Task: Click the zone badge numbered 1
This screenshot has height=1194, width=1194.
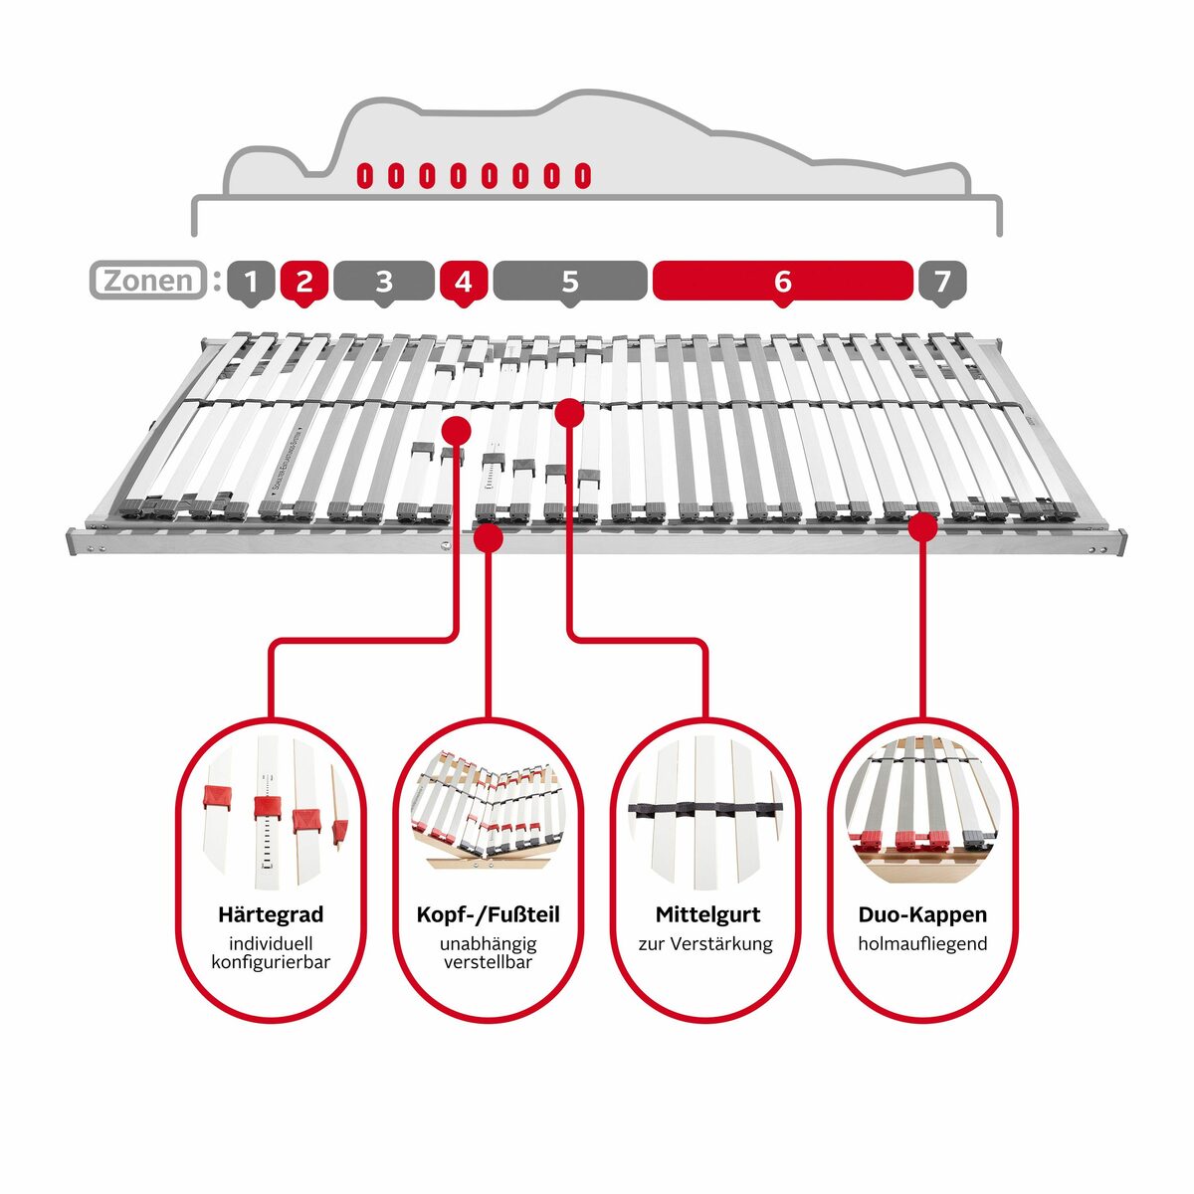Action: [x=251, y=282]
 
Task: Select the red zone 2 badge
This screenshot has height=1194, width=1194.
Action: [x=304, y=282]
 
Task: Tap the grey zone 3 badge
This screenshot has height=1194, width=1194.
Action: [x=384, y=282]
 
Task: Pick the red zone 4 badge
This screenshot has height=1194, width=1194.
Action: [x=463, y=282]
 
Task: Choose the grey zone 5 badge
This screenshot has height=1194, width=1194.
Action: [x=569, y=282]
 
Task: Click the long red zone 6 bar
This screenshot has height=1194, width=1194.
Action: [x=782, y=282]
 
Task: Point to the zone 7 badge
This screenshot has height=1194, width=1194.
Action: [x=941, y=282]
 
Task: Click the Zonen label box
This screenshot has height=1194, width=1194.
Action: [x=148, y=281]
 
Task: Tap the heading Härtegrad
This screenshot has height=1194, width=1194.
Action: [x=271, y=914]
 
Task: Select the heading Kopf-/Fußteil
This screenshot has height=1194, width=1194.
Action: [x=488, y=914]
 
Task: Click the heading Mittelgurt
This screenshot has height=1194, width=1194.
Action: [x=707, y=914]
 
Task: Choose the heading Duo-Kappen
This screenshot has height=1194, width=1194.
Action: [x=922, y=914]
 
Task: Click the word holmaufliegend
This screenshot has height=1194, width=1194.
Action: [x=922, y=943]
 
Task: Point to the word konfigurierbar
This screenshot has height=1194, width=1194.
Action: [x=271, y=962]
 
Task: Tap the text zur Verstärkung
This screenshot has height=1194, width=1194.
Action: [x=705, y=943]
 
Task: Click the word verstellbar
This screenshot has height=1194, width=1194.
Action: [x=488, y=962]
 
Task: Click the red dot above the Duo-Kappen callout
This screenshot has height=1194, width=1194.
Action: [x=923, y=526]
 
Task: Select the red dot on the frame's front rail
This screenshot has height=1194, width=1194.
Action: [x=489, y=538]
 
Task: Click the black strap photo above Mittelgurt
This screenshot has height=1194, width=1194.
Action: [x=705, y=811]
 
